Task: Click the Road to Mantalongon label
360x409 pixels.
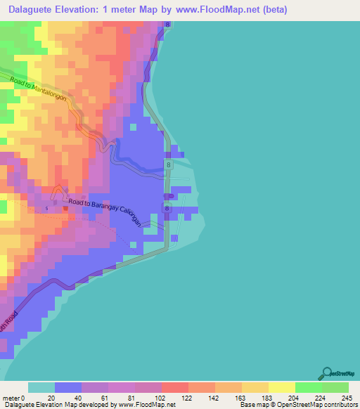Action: pyautogui.click(x=39, y=90)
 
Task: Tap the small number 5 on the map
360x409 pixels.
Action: pyautogui.click(x=46, y=209)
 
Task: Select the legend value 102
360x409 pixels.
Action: pyautogui.click(x=161, y=397)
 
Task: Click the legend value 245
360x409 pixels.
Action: pyautogui.click(x=344, y=397)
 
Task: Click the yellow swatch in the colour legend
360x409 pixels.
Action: pyautogui.click(x=281, y=387)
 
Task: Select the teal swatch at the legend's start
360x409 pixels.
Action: pyautogui.click(x=41, y=387)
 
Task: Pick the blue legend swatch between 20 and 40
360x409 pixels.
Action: pyautogui.click(x=68, y=387)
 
